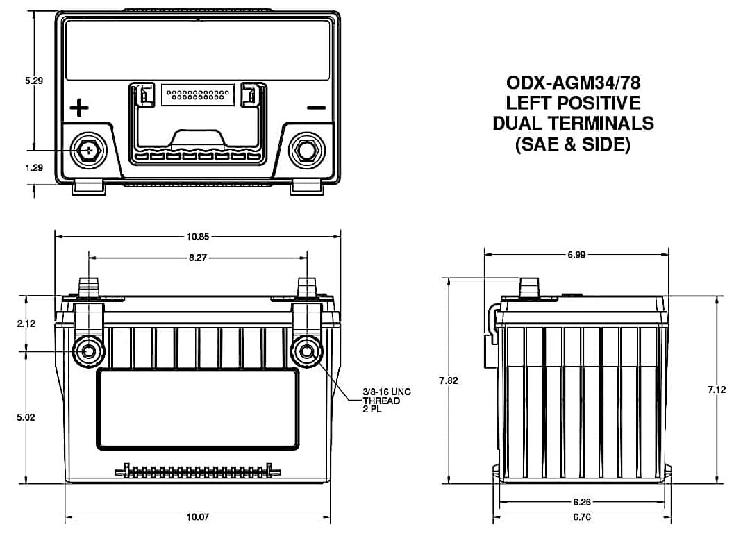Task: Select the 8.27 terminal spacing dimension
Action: (198, 258)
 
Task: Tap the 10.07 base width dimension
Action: (198, 517)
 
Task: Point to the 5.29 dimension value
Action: (34, 81)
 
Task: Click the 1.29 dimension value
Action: (34, 167)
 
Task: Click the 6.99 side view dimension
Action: (576, 255)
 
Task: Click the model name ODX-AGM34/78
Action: (573, 83)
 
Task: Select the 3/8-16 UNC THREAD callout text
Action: (387, 401)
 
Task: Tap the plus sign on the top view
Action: (80, 108)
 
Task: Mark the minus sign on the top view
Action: (316, 108)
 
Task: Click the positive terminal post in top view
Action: (88, 149)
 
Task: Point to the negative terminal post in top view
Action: (306, 149)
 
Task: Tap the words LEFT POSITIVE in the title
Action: (573, 103)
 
